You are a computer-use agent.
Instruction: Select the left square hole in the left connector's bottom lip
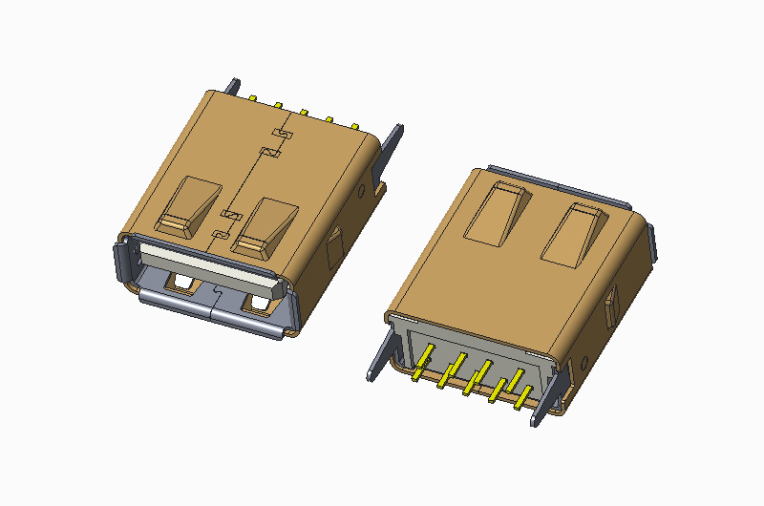pos(180,283)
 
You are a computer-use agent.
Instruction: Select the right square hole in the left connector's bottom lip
pos(257,305)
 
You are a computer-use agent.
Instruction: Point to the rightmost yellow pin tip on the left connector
pos(354,125)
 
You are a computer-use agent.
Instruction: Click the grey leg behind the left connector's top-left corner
pos(232,86)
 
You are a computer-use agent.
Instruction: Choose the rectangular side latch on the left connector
pos(333,251)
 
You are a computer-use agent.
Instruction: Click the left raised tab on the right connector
pos(497,213)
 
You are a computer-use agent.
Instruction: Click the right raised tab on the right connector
pos(577,233)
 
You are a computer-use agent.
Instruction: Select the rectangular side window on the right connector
pos(611,305)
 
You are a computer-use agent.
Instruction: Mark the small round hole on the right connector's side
pos(584,364)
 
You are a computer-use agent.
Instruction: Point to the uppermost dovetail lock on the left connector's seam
pos(280,131)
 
